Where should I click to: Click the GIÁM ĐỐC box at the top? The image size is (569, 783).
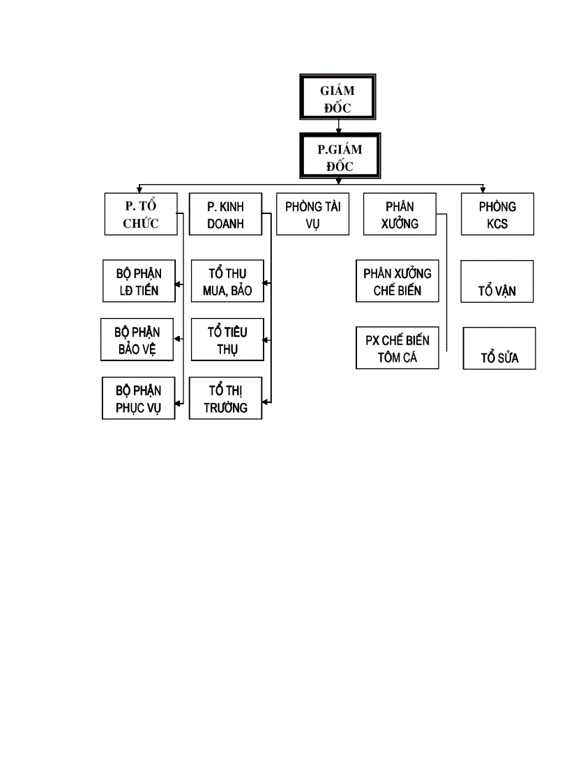337,98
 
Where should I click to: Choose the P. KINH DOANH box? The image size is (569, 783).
227,215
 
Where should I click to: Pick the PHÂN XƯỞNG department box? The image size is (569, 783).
399,215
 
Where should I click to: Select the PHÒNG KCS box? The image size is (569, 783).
497,215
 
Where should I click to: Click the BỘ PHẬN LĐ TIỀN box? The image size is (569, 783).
138,282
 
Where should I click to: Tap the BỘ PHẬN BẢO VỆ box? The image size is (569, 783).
137,340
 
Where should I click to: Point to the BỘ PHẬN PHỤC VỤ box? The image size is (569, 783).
137,398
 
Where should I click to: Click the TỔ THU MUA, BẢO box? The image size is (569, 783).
227,282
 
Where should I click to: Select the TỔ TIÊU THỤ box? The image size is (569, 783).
227,340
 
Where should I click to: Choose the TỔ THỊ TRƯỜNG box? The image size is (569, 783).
225,398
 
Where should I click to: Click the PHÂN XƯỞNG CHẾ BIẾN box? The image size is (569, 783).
397,281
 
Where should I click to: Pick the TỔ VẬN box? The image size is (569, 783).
497,282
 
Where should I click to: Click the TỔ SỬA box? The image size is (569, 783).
499,349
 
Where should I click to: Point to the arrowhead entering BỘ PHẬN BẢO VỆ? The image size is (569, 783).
177,340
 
